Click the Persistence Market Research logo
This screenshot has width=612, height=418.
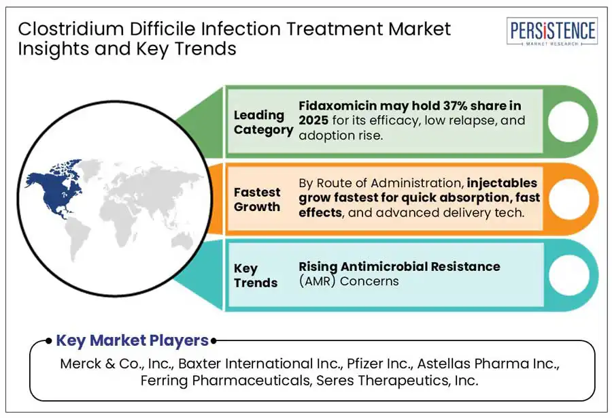(552, 31)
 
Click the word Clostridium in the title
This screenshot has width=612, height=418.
(71, 29)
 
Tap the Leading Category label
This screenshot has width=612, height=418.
(263, 123)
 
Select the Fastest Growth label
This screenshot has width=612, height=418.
(257, 199)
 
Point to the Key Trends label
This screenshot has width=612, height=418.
(256, 276)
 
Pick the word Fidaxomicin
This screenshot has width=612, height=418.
(338, 106)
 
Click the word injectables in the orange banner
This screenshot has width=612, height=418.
(502, 183)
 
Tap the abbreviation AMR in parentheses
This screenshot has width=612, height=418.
(318, 281)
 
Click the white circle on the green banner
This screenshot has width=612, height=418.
(568, 121)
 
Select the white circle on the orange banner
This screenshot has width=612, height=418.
(568, 198)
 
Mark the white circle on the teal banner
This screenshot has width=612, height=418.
(568, 275)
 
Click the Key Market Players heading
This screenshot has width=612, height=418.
(133, 340)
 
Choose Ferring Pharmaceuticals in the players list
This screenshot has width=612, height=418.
(225, 380)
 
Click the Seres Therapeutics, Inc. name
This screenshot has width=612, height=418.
(397, 380)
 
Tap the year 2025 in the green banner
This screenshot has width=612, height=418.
(313, 120)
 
